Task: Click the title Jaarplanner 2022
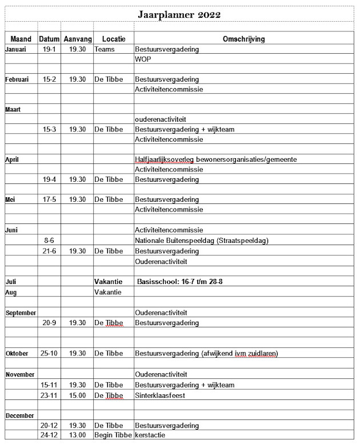179,14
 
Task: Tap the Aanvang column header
77,39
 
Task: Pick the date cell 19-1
49,49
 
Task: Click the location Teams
105,49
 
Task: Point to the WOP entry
143,59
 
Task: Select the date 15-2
49,79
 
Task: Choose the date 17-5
49,199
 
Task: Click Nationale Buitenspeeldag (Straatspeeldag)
202,241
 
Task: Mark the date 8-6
49,241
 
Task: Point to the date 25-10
49,354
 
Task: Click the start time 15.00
77,395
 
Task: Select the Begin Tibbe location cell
113,435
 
